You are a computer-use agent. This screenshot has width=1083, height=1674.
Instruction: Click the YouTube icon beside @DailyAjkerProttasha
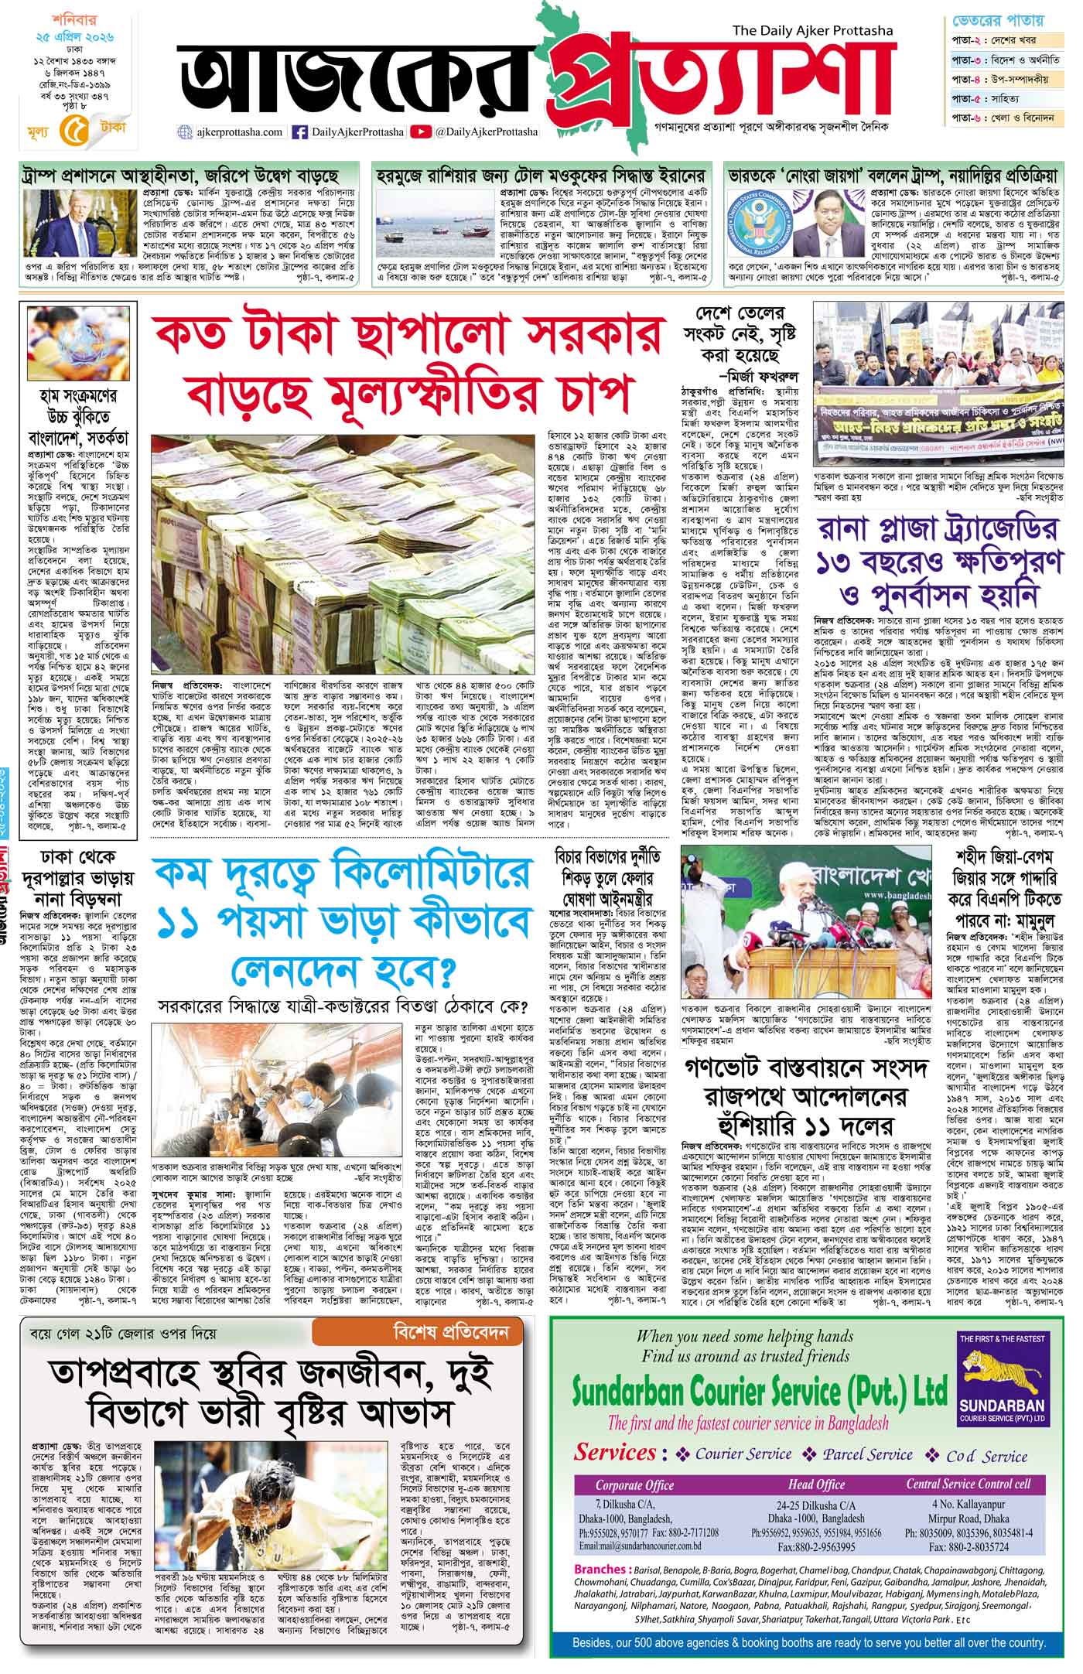click(x=421, y=132)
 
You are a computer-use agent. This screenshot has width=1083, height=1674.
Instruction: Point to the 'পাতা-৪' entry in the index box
click(x=967, y=80)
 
